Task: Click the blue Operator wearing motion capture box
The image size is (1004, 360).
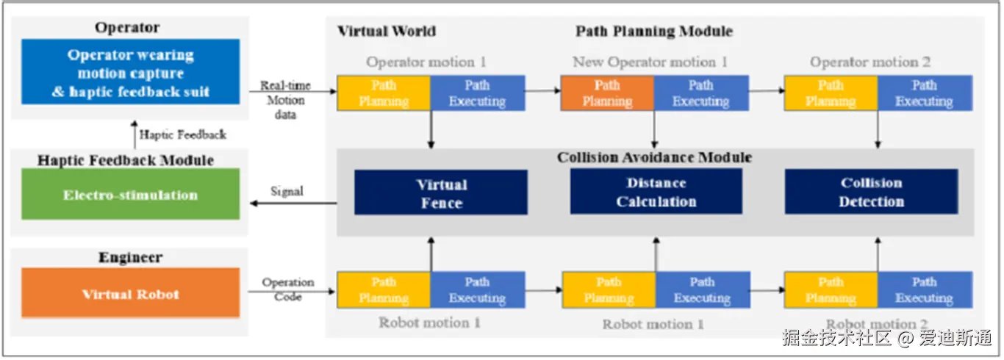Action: pos(130,72)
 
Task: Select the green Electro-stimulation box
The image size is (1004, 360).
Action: pos(130,194)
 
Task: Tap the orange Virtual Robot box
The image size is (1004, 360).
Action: pos(130,293)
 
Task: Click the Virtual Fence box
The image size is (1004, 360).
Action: pos(441,192)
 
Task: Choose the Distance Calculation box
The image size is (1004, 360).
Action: pos(656,192)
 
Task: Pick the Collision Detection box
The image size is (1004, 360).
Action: pos(871,192)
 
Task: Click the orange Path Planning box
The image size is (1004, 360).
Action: pos(607,93)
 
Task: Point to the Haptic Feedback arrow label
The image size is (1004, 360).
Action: pos(183,134)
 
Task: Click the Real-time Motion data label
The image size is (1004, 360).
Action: pos(285,100)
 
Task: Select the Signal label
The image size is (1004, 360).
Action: pos(287,191)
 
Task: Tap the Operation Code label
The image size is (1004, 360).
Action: pos(288,289)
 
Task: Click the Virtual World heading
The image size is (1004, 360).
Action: pos(387,31)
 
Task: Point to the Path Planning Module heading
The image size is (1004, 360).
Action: pos(654,31)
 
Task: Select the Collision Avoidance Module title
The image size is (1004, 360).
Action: pos(654,157)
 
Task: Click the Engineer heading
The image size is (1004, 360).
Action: pos(130,257)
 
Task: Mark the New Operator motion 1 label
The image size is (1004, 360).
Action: pos(650,62)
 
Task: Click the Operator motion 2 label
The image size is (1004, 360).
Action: pos(870,62)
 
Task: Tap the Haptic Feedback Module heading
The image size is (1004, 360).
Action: pos(126,160)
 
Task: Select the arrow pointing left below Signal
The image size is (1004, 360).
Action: pos(293,204)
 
